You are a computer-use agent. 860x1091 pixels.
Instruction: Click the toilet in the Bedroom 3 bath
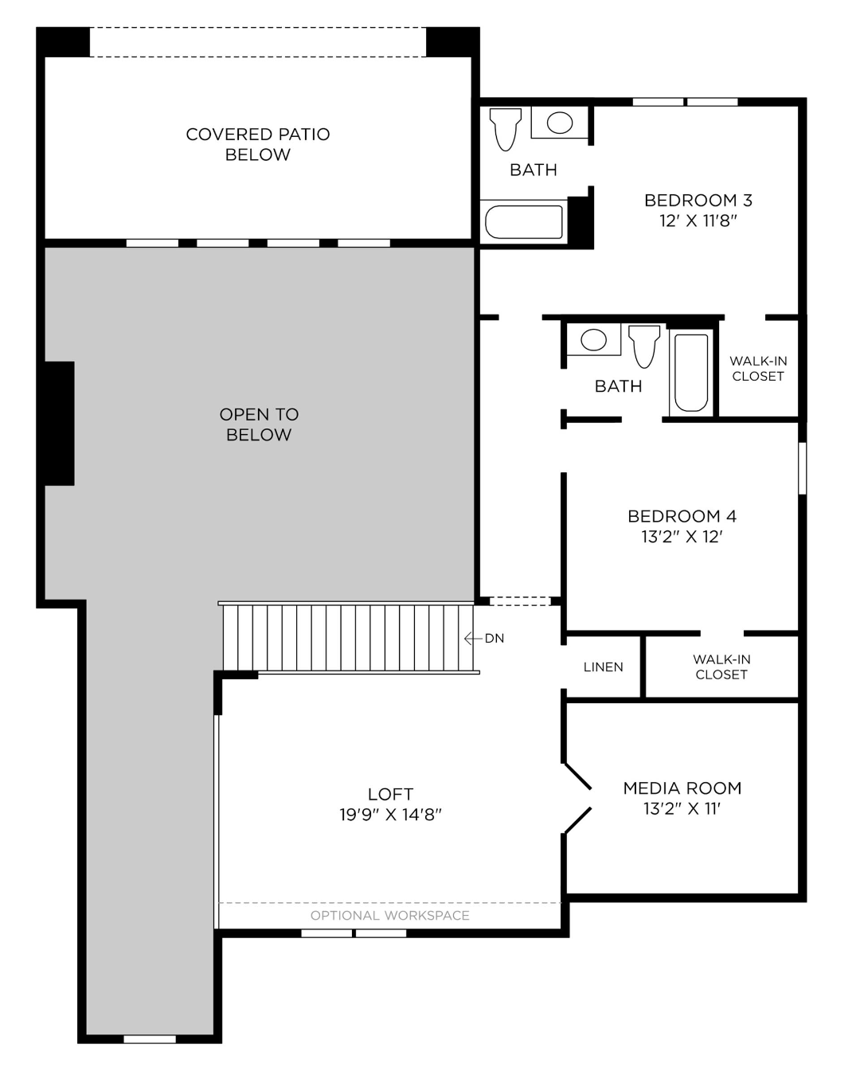505,129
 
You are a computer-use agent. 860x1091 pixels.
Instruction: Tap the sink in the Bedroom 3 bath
560,122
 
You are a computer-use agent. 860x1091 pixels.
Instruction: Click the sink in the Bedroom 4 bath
593,339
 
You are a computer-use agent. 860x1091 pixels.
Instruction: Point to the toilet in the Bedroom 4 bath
644,346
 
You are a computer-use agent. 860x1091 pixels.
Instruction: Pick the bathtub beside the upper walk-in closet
691,373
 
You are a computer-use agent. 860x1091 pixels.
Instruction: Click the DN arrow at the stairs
473,639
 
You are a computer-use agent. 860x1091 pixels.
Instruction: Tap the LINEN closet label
603,667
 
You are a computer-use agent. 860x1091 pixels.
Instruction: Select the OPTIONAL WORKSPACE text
390,916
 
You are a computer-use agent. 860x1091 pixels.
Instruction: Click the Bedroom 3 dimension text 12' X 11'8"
698,221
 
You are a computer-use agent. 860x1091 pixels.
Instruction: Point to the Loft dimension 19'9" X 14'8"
390,815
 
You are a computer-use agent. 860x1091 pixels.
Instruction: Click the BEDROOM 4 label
682,516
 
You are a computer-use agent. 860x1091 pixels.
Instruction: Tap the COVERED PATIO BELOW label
257,144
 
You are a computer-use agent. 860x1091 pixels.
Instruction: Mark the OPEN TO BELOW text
259,424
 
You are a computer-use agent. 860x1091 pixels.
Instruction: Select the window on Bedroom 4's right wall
802,468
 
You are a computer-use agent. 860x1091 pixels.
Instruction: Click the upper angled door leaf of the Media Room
578,776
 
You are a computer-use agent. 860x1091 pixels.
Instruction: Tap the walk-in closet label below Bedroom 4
721,667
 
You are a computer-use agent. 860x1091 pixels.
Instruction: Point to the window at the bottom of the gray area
150,1039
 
